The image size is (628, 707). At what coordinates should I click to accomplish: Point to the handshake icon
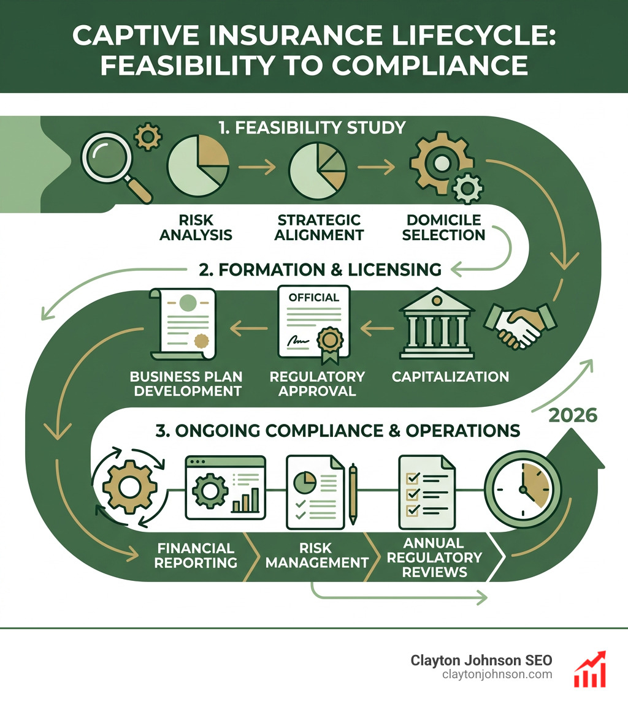tap(520, 325)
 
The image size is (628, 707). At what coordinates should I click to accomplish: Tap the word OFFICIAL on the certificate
tap(313, 298)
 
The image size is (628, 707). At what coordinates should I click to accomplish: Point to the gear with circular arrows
tap(129, 488)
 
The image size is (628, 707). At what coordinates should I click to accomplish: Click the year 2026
tap(573, 415)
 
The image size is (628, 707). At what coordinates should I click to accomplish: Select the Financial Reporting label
tap(196, 555)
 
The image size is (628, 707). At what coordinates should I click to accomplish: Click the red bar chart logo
tap(589, 668)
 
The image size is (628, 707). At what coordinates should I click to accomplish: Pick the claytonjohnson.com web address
tap(497, 675)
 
